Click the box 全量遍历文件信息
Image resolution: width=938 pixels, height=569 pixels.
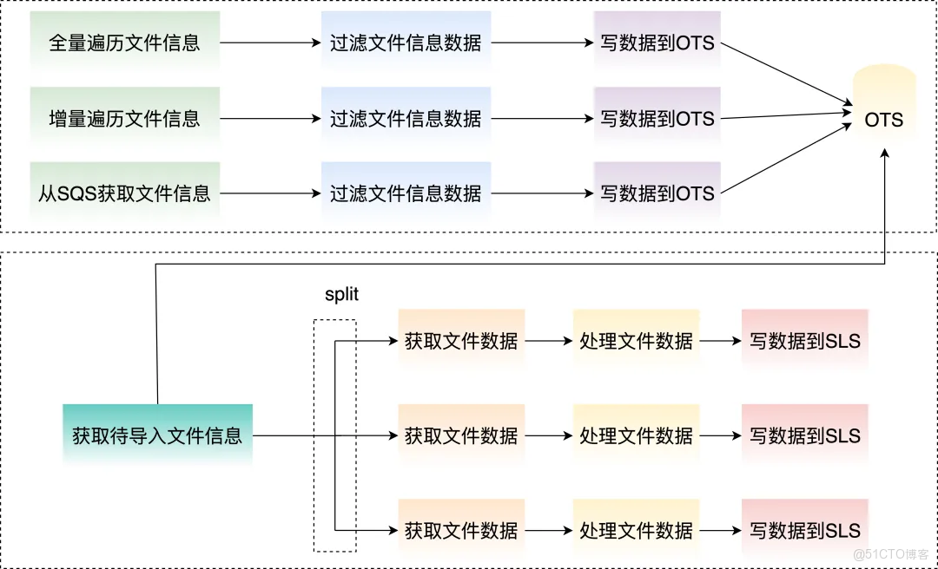(x=125, y=43)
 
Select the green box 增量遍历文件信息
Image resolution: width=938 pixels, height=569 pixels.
(x=125, y=118)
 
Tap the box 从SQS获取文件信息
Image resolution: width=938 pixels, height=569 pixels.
(x=125, y=193)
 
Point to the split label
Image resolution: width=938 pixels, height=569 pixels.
(x=341, y=295)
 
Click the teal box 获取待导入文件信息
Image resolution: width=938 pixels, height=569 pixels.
(x=157, y=435)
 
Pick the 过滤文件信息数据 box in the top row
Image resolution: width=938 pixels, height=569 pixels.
(x=406, y=43)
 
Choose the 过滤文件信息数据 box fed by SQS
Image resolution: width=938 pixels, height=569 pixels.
(x=406, y=193)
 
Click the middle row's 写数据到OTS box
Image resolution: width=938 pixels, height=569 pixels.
(x=657, y=118)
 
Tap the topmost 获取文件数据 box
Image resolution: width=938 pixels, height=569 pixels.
(x=461, y=341)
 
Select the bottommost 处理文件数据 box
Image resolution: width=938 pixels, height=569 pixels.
(x=636, y=530)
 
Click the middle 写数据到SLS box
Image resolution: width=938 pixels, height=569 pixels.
(x=805, y=435)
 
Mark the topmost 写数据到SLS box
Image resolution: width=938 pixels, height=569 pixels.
(x=805, y=341)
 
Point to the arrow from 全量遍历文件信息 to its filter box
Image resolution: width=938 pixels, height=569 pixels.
(x=269, y=43)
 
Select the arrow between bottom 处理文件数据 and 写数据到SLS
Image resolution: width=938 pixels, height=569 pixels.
(x=720, y=530)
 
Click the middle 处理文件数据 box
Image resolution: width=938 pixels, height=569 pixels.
(x=636, y=435)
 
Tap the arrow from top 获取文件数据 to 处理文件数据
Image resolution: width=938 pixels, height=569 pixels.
(x=548, y=341)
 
